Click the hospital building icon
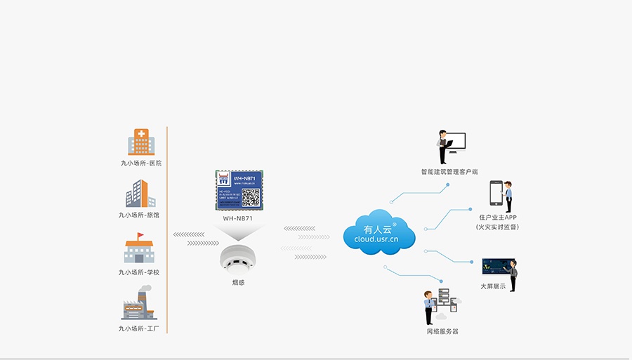click(141, 142)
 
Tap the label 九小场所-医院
click(140, 163)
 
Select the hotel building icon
click(140, 194)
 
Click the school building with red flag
click(139, 248)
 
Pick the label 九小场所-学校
click(139, 272)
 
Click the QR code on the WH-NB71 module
click(251, 198)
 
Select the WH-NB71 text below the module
click(238, 218)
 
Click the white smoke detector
click(238, 258)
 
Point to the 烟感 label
click(238, 283)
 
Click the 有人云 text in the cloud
click(378, 229)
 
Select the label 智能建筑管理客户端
click(449, 171)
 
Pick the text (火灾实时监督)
click(497, 227)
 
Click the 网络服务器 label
click(442, 331)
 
